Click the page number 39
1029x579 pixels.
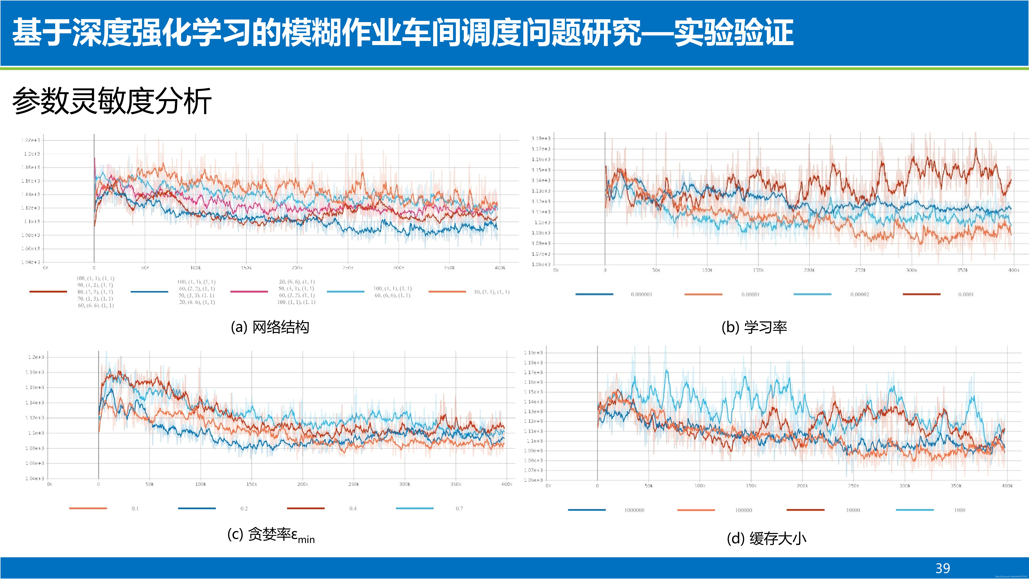(943, 568)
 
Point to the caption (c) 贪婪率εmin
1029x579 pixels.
(271, 535)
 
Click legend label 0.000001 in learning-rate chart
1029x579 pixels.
(641, 295)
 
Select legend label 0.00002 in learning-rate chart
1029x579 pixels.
(859, 295)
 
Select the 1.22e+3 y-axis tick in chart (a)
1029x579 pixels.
(31, 140)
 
